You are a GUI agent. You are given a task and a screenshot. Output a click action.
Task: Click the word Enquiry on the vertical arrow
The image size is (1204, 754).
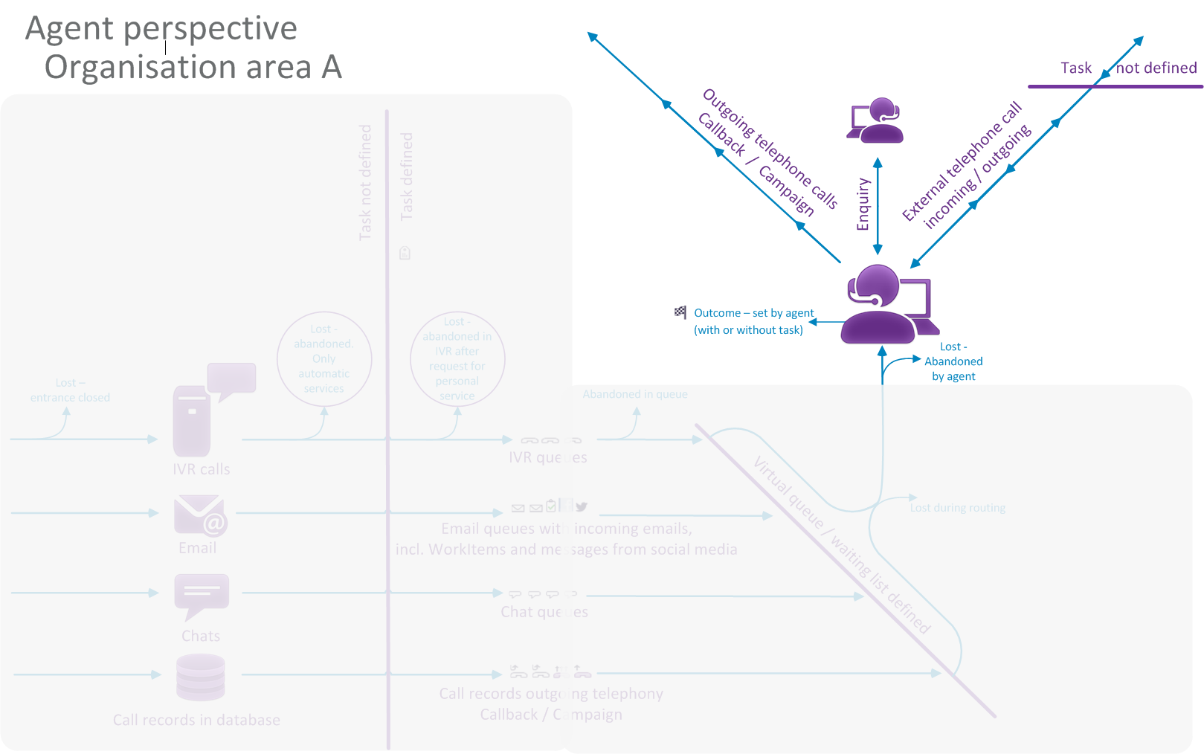(x=863, y=204)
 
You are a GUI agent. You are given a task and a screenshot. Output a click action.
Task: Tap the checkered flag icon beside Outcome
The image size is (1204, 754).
(x=680, y=312)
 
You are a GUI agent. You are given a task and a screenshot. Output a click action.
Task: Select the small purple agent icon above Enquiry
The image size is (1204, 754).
(x=876, y=120)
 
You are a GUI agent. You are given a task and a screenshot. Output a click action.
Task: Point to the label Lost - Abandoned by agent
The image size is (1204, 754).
(x=953, y=361)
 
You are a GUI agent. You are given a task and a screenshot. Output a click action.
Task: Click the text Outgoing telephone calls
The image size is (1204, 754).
(x=770, y=149)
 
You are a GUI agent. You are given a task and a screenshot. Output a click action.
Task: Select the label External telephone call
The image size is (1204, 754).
(x=962, y=162)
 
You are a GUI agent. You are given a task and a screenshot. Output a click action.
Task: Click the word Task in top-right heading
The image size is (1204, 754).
(x=1075, y=68)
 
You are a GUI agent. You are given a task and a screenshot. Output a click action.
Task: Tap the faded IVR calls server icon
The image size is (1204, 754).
(x=193, y=420)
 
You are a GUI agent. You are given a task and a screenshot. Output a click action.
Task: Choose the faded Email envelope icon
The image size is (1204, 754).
(x=199, y=515)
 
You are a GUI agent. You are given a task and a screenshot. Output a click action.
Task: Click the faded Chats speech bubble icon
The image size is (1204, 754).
(x=202, y=595)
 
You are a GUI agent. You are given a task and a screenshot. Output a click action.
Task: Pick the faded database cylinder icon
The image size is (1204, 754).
(x=201, y=677)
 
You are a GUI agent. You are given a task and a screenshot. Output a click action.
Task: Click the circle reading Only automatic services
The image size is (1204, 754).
(x=324, y=359)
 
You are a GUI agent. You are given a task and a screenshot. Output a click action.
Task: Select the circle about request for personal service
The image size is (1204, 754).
(x=457, y=359)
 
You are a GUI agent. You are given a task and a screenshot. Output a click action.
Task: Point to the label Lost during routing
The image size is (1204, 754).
(x=957, y=508)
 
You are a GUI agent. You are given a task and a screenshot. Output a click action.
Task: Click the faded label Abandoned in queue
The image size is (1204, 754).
(x=634, y=394)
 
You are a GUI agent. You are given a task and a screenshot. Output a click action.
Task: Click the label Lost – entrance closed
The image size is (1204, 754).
(x=70, y=390)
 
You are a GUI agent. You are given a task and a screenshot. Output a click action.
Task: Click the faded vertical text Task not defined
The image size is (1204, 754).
(x=365, y=182)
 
